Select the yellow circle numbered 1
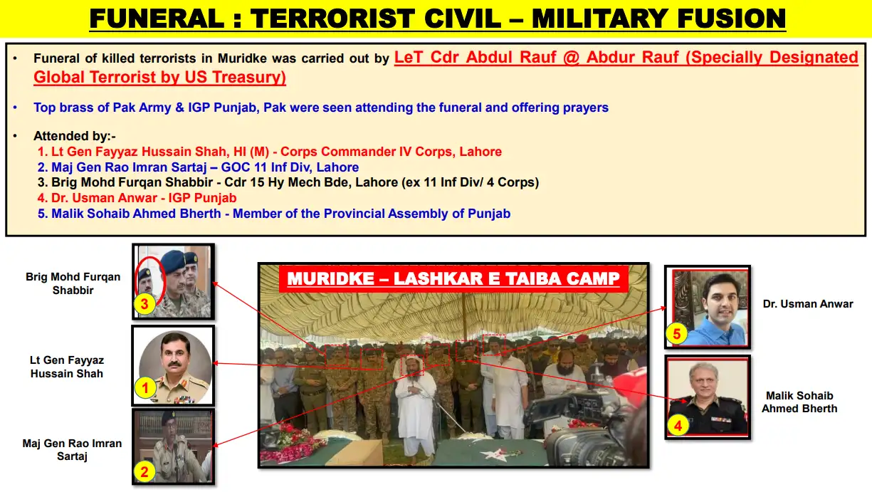point(145,388)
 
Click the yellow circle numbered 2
point(143,471)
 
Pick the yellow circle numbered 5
point(677,333)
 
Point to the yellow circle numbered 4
point(677,426)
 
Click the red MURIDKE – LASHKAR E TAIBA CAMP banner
point(453,278)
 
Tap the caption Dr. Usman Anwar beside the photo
point(808,304)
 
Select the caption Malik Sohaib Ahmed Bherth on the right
point(799,402)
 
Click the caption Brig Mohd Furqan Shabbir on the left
point(73,283)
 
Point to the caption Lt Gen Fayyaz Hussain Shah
point(66,367)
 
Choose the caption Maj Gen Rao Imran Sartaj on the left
point(72,449)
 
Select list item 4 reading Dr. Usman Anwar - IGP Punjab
point(144,198)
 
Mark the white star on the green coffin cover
point(491,454)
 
